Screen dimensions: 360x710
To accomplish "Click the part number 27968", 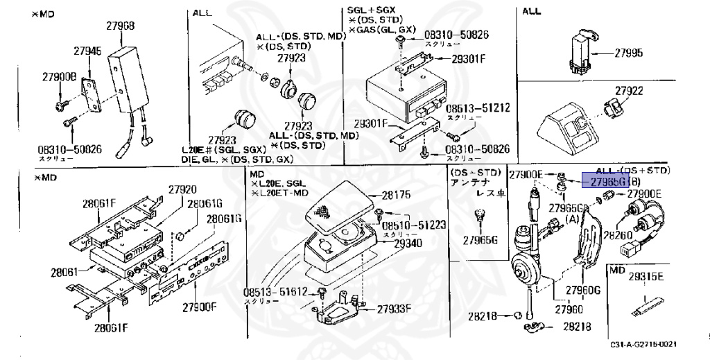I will pos(121,26).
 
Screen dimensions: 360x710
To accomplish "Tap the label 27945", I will pos(88,51).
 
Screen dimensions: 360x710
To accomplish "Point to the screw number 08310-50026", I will pos(69,148).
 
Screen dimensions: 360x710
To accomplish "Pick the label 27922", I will pos(629,91).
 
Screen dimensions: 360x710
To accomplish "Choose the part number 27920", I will pos(182,189).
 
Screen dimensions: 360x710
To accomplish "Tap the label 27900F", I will pos(200,306).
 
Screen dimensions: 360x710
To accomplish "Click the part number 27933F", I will pos(393,308).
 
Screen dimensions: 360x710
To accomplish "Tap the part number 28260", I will pos(616,235).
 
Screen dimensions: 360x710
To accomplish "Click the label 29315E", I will pos(646,276).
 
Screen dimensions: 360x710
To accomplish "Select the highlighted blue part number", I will pos(605,181).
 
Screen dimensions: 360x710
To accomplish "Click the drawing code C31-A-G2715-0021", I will pos(643,345).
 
